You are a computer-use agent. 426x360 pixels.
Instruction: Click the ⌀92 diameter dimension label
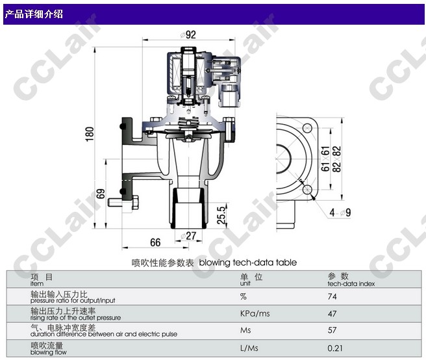click(188, 35)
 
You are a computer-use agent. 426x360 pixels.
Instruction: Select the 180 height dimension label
click(90, 134)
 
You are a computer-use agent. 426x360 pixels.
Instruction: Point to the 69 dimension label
click(101, 194)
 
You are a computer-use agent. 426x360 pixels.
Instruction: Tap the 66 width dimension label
click(155, 242)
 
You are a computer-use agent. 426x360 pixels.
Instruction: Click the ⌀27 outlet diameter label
click(188, 236)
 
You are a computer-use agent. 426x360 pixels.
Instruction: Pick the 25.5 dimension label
click(221, 215)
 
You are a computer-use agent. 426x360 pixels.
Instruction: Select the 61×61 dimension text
click(325, 159)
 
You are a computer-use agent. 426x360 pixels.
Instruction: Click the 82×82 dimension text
click(336, 159)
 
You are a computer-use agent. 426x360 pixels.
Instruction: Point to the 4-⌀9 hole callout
click(340, 212)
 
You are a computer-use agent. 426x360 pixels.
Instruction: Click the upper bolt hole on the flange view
click(307, 127)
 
